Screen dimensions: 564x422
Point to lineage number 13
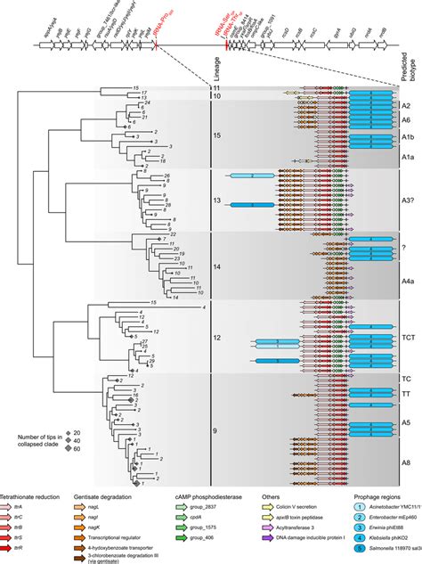click(x=219, y=201)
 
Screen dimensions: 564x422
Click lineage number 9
click(x=219, y=431)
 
